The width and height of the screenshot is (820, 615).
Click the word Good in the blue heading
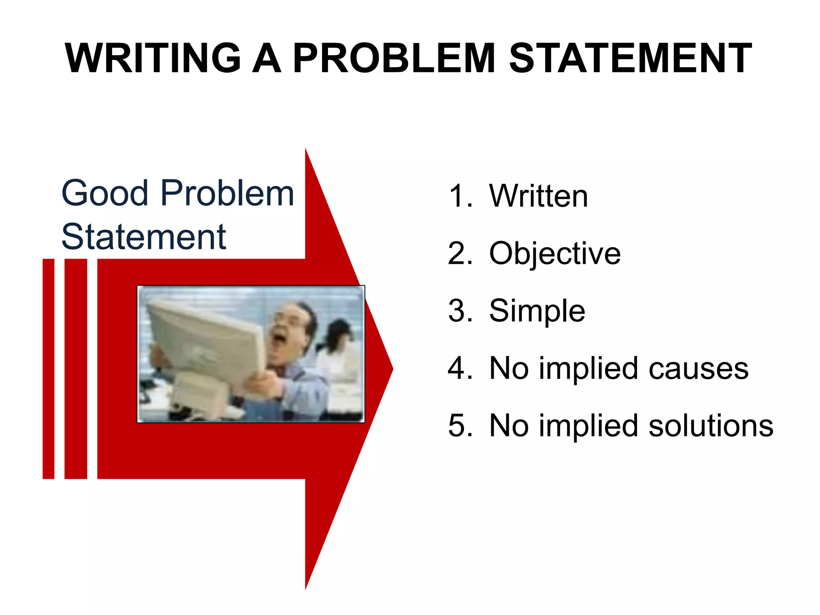tap(105, 193)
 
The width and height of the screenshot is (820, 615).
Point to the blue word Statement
tap(144, 237)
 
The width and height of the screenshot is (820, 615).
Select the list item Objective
tap(555, 253)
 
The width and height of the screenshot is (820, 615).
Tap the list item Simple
tap(537, 311)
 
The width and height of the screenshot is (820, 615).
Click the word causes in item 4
tap(698, 368)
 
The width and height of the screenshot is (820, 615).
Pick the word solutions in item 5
tap(711, 426)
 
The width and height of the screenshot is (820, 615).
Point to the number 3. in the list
tap(460, 311)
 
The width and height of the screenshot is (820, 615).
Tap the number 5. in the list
tap(460, 426)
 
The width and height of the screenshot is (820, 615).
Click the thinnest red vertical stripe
tap(48, 368)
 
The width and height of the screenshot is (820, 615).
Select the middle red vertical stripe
tap(76, 368)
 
